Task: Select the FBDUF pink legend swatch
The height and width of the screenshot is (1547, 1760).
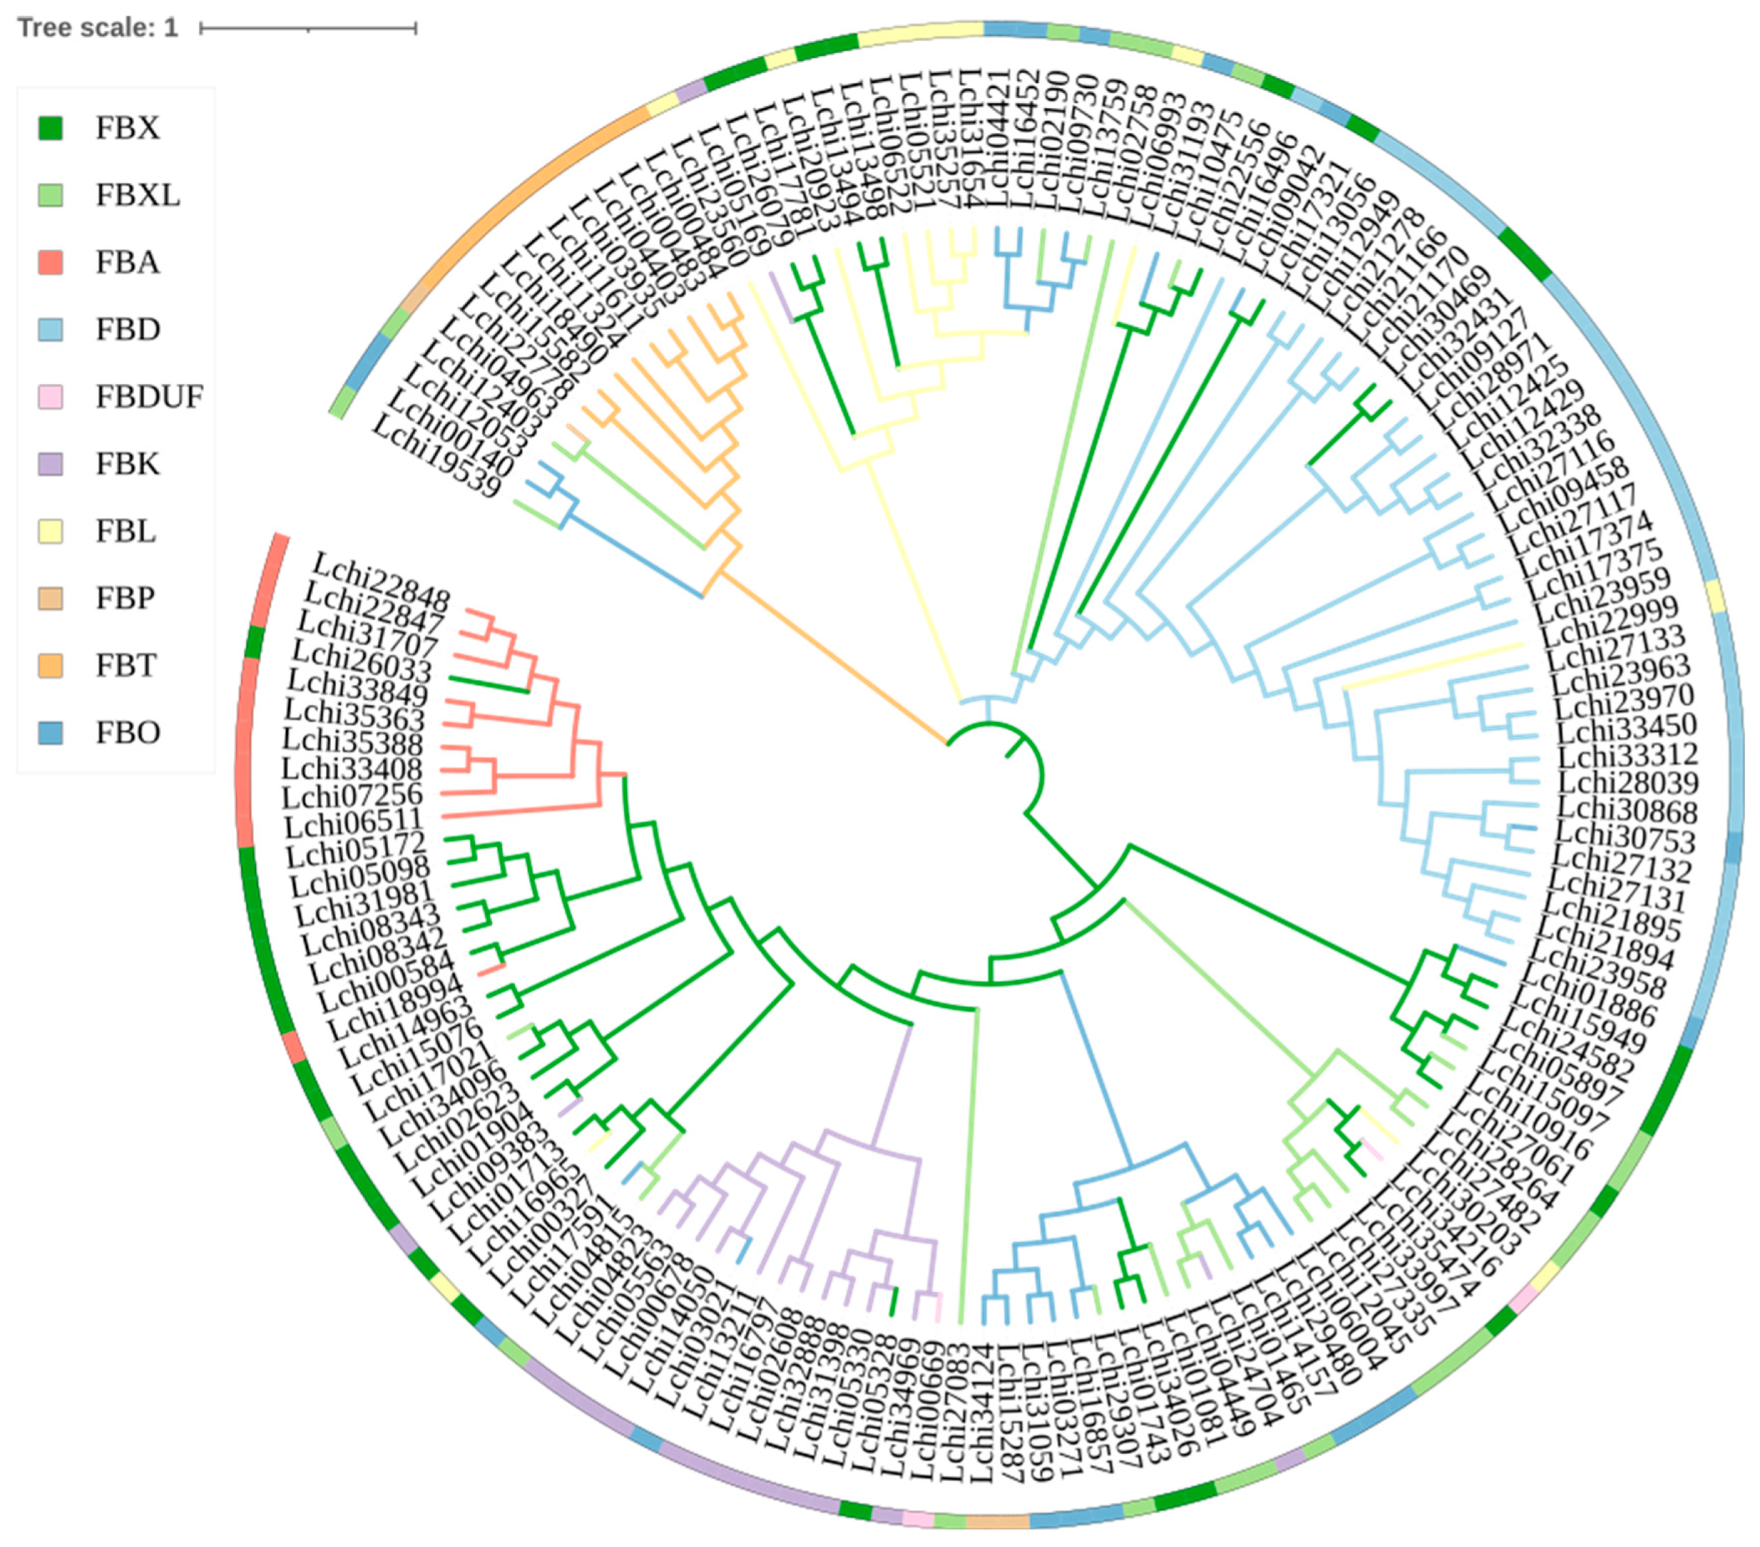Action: click(51, 397)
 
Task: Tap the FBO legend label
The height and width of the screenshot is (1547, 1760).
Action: click(127, 732)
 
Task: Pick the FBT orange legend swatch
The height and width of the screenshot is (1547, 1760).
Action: click(51, 665)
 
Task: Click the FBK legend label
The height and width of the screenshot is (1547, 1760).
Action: click(127, 464)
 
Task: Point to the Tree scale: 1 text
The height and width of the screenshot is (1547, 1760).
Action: click(97, 28)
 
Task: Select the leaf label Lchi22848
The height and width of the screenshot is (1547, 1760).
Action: click(381, 583)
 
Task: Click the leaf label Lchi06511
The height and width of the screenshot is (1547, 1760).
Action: click(354, 823)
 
